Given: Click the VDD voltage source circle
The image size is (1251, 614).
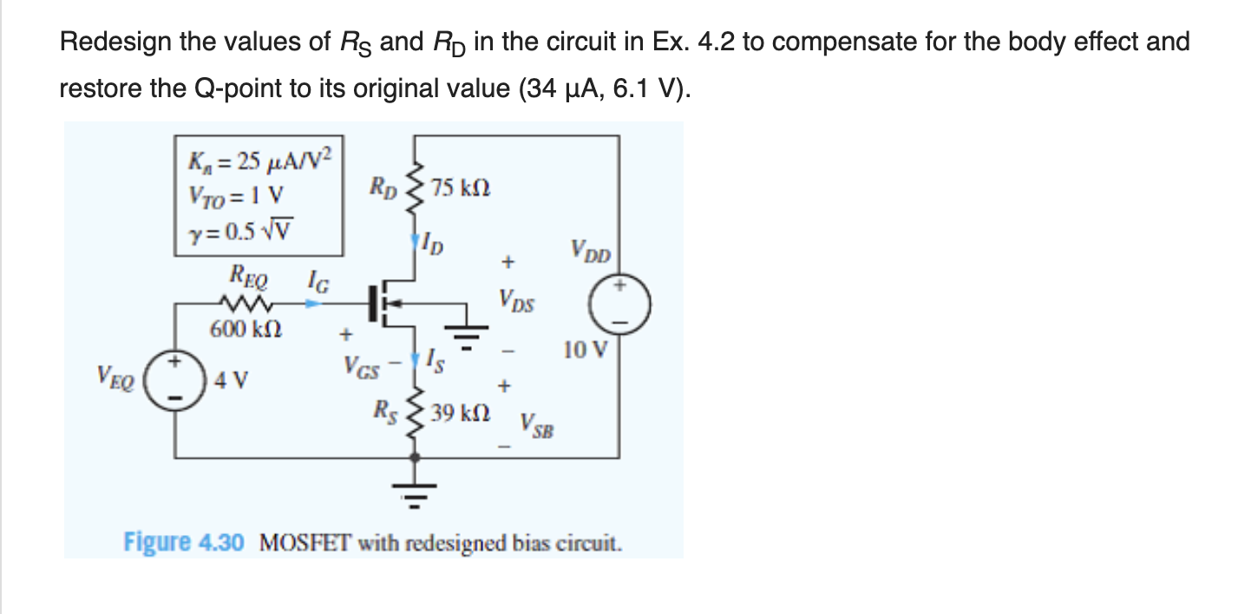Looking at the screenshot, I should click(x=619, y=308).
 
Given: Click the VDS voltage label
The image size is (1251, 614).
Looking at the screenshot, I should click(x=517, y=303).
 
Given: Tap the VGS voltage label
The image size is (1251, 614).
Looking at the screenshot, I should click(x=361, y=367).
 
